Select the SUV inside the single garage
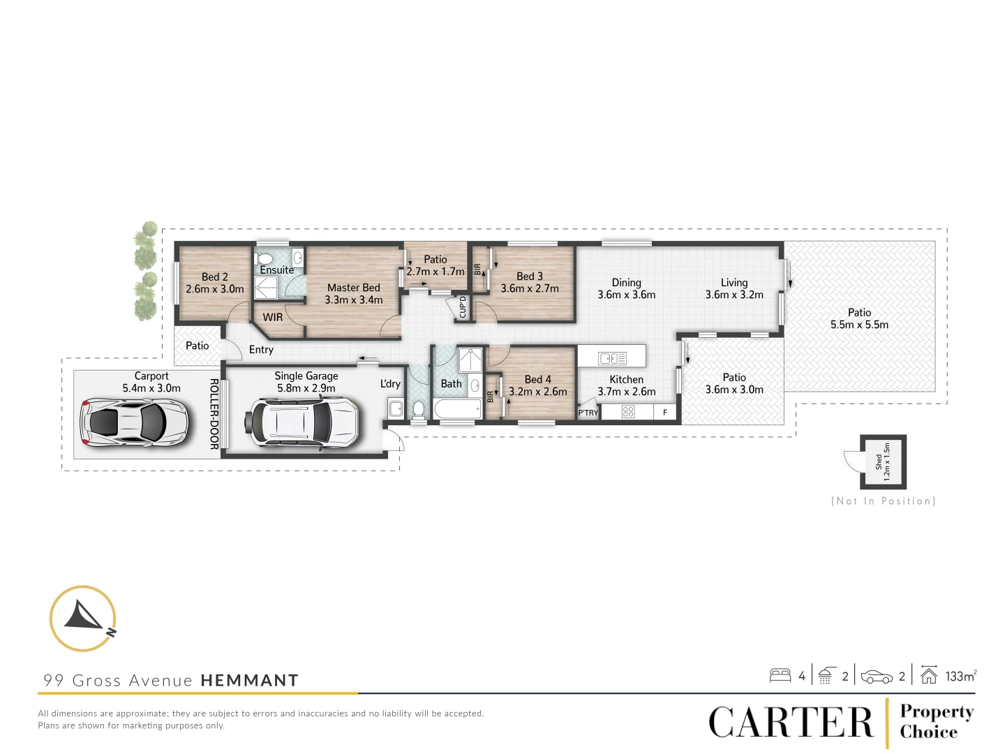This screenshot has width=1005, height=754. click(301, 422)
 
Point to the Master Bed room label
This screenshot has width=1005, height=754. click(353, 288)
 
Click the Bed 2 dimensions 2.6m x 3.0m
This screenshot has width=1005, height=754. click(215, 289)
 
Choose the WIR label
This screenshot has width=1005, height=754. click(273, 318)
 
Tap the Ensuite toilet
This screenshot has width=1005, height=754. click(265, 259)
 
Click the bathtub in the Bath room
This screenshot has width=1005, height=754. click(457, 408)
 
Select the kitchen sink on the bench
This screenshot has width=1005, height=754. click(612, 358)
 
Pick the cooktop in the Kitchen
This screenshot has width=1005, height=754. click(628, 412)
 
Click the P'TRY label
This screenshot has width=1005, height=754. click(588, 413)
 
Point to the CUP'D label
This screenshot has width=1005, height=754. click(462, 307)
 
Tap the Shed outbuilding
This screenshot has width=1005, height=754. click(883, 461)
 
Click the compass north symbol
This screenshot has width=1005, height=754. click(83, 618)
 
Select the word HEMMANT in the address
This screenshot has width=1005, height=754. click(249, 681)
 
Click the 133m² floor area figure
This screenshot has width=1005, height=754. click(960, 676)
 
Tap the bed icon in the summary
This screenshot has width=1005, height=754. click(780, 675)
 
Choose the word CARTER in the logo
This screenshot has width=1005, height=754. click(791, 723)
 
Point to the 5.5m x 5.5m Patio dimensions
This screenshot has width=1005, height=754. click(859, 325)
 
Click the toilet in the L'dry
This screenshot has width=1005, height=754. click(419, 410)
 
